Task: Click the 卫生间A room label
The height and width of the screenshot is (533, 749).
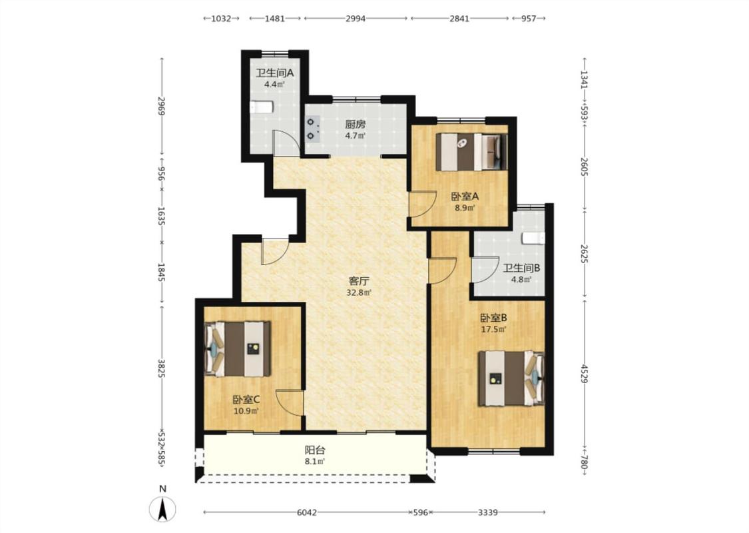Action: click(274, 73)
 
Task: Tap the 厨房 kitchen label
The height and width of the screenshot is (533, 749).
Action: click(356, 125)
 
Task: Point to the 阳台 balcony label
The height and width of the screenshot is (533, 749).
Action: click(315, 450)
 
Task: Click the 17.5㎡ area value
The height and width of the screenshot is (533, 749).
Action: click(493, 329)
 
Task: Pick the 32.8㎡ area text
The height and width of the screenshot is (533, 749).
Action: click(360, 292)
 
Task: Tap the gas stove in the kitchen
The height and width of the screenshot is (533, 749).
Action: click(312, 129)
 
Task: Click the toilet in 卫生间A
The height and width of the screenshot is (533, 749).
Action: click(262, 107)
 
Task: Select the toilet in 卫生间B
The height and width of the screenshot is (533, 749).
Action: click(533, 238)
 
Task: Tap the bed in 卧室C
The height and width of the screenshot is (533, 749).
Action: click(238, 349)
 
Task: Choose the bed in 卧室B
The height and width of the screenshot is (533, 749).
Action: click(511, 378)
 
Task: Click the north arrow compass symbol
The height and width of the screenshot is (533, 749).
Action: click(163, 508)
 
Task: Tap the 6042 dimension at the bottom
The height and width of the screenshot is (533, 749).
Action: click(307, 512)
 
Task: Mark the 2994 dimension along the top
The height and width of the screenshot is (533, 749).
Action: click(356, 19)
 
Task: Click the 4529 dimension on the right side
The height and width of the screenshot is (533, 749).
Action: click(584, 373)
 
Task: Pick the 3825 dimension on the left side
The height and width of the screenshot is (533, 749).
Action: click(162, 368)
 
